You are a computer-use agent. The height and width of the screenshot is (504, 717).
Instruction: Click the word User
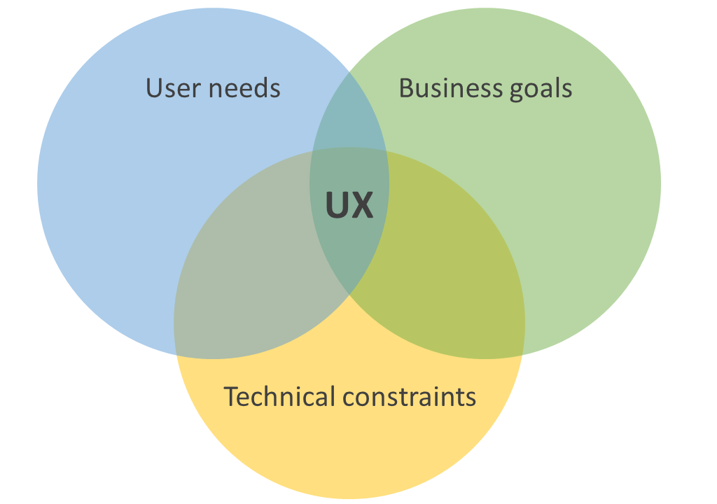coord(172,89)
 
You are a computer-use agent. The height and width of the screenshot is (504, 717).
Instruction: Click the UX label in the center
coord(349,205)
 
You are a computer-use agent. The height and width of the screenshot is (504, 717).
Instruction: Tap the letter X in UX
coord(362,205)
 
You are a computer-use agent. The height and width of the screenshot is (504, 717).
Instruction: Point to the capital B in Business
coord(406,89)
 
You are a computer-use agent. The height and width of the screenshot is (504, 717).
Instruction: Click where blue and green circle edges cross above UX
coord(349,72)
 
